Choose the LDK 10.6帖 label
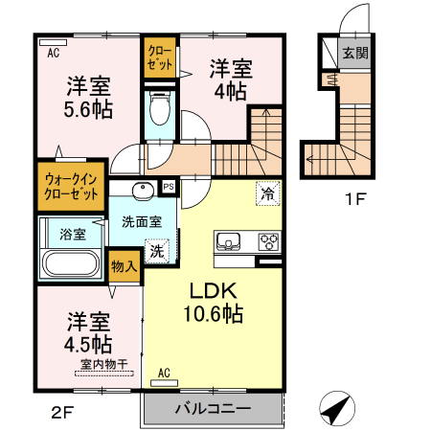click(x=213, y=302)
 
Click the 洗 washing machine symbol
click(x=155, y=253)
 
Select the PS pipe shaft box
click(x=169, y=187)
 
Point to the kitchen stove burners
click(x=267, y=241)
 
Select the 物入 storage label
click(x=124, y=265)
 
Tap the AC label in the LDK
click(x=164, y=373)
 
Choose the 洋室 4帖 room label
click(x=231, y=79)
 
